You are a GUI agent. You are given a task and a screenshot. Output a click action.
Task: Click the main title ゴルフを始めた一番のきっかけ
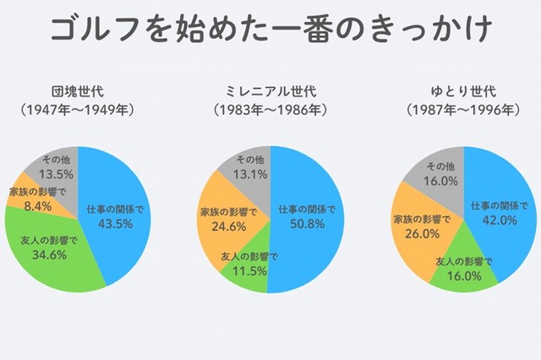[x=270, y=32]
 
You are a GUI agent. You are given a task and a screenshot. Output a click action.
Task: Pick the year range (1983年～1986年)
[x=270, y=110]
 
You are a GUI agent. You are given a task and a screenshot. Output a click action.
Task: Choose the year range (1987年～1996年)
[x=462, y=110]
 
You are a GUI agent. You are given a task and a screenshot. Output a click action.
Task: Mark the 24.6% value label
[x=225, y=226]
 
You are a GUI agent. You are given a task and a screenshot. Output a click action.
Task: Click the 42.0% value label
[x=499, y=220]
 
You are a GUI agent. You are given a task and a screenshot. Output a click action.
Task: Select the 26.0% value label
[x=420, y=233]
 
